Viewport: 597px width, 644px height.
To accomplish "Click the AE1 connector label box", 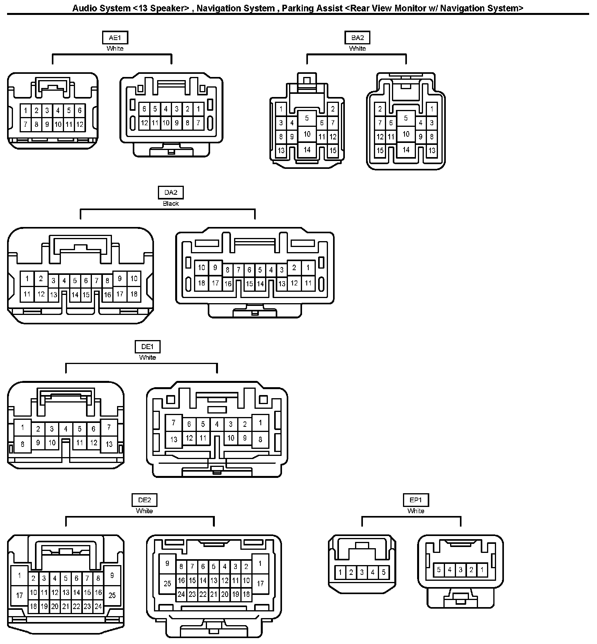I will pyautogui.click(x=115, y=38).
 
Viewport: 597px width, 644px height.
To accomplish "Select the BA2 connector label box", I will pyautogui.click(x=357, y=38).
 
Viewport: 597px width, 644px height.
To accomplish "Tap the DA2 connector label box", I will pyautogui.click(x=171, y=192).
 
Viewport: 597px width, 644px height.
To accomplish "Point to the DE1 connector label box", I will pyautogui.click(x=148, y=347).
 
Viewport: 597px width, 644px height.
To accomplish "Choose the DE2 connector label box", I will pyautogui.click(x=145, y=500).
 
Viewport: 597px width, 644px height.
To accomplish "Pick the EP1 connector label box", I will pyautogui.click(x=416, y=500).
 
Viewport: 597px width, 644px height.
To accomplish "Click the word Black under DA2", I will pyautogui.click(x=171, y=203).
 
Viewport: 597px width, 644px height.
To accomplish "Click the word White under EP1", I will pyautogui.click(x=416, y=511).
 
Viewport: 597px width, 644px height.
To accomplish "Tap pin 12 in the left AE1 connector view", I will pyautogui.click(x=80, y=124).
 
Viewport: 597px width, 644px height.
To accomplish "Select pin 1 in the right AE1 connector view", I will pyautogui.click(x=198, y=109).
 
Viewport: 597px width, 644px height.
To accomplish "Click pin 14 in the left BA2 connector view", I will pyautogui.click(x=307, y=150).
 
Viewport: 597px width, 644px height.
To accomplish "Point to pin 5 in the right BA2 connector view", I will pyautogui.click(x=406, y=118).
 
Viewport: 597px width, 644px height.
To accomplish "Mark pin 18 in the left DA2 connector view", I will pyautogui.click(x=134, y=294).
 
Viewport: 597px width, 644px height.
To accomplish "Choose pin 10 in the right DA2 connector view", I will pyautogui.click(x=201, y=268).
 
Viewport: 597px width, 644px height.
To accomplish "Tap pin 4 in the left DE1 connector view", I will pyautogui.click(x=66, y=429).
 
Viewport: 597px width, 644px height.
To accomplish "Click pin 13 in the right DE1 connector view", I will pyautogui.click(x=174, y=439).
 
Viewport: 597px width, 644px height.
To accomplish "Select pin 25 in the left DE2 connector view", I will pyautogui.click(x=112, y=595).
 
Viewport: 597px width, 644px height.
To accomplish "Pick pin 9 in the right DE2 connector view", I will pyautogui.click(x=167, y=563).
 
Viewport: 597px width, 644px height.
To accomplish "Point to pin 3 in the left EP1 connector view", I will pyautogui.click(x=362, y=572).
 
